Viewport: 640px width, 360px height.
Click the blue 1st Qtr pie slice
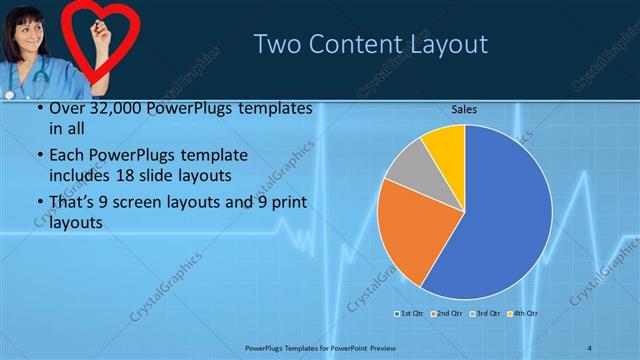point(500,220)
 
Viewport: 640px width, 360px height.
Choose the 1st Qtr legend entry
point(409,314)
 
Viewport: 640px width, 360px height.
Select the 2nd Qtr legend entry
point(448,314)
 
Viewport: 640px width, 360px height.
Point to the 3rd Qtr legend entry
point(487,314)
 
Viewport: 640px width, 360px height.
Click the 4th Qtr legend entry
point(525,314)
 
